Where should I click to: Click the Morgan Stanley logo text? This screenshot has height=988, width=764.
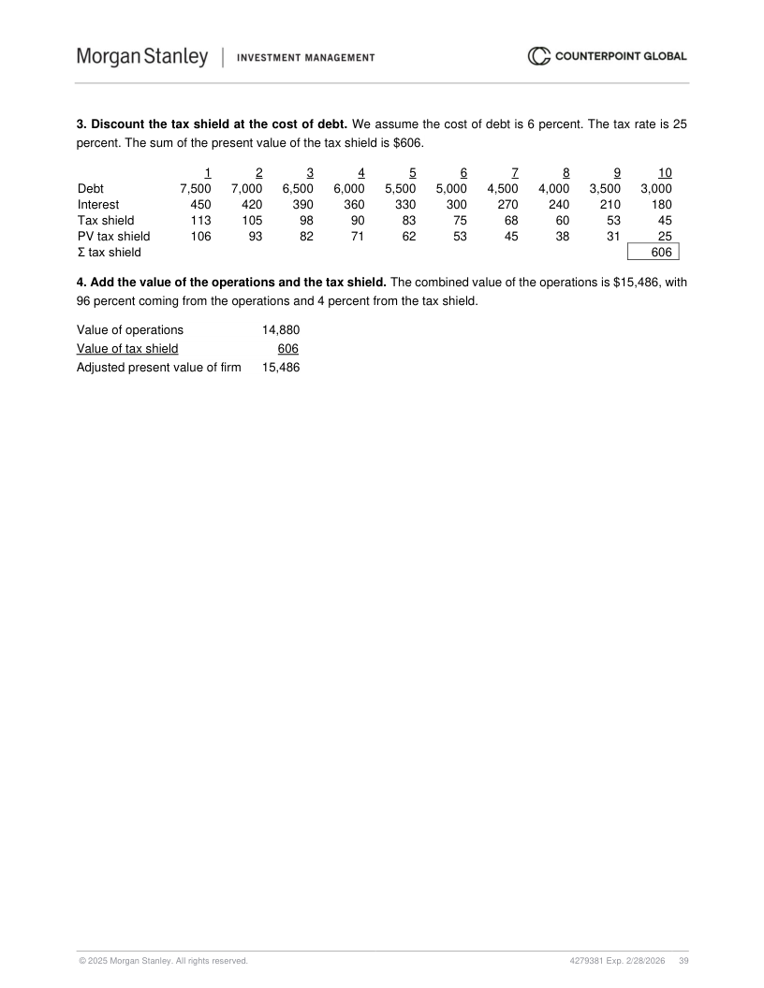click(x=142, y=57)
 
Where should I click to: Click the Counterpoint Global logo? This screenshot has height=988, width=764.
click(x=608, y=56)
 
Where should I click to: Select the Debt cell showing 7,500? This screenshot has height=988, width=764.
click(x=195, y=188)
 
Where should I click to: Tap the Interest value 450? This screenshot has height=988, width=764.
click(x=199, y=204)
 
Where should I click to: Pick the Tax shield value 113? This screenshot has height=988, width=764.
click(x=200, y=220)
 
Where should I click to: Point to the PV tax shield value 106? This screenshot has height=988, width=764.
click(x=200, y=236)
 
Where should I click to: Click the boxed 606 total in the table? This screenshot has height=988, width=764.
click(x=661, y=252)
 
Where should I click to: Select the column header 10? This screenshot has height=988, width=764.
click(x=664, y=172)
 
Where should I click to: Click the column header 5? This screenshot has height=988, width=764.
click(x=412, y=172)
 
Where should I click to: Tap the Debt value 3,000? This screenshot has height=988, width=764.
click(x=655, y=188)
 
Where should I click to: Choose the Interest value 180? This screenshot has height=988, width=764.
click(x=661, y=204)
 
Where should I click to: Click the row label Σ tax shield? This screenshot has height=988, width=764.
click(x=110, y=252)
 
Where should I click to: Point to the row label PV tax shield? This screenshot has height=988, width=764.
click(x=113, y=236)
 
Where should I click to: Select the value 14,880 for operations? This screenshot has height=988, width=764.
click(x=281, y=329)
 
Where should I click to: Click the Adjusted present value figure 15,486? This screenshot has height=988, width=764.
click(x=281, y=367)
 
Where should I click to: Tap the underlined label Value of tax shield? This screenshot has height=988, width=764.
click(x=127, y=348)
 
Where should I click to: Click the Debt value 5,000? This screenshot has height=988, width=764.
click(x=451, y=188)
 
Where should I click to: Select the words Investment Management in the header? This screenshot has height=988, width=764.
click(x=306, y=57)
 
